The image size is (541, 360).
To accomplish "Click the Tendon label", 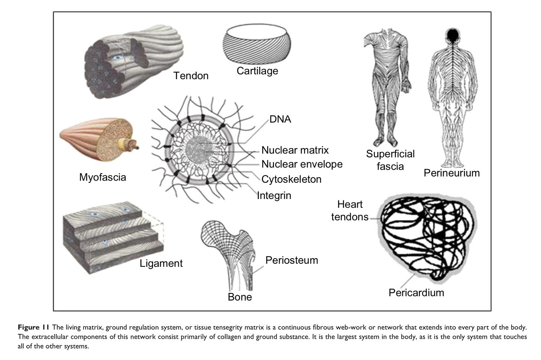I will [191, 76].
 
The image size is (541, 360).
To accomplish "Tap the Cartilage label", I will [257, 71].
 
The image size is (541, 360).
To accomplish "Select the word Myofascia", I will [103, 177].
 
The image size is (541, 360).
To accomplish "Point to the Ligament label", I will [161, 263].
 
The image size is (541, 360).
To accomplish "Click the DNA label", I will [281, 119].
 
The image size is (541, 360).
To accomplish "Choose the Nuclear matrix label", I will [295, 150].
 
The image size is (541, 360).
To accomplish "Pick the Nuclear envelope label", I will [302, 164].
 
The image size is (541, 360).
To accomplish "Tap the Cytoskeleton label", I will [291, 179].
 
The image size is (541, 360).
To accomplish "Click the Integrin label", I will [274, 195].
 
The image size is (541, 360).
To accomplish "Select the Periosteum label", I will [292, 260].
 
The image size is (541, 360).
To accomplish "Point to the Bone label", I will [240, 297].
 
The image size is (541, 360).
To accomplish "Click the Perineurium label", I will [452, 173].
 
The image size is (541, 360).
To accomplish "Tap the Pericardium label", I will [416, 292].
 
